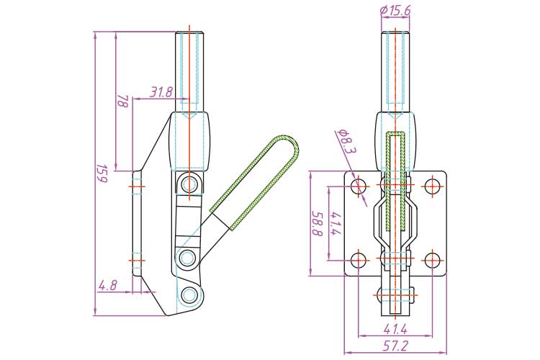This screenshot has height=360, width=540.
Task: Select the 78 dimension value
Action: point(122,102)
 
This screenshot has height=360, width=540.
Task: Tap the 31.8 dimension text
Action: point(161,92)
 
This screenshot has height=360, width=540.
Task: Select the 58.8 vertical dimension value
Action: point(315,223)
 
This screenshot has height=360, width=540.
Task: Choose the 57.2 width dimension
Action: point(396,346)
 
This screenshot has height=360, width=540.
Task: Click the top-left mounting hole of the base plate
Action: point(359,187)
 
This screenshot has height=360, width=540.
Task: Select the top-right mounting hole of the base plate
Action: point(432,187)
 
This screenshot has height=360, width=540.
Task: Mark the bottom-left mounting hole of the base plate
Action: point(359,260)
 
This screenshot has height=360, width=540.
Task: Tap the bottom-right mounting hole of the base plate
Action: point(432,260)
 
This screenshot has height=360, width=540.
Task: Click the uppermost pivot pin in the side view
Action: point(189,184)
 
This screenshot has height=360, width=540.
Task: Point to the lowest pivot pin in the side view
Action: point(189,294)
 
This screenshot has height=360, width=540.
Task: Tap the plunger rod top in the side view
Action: point(189,36)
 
